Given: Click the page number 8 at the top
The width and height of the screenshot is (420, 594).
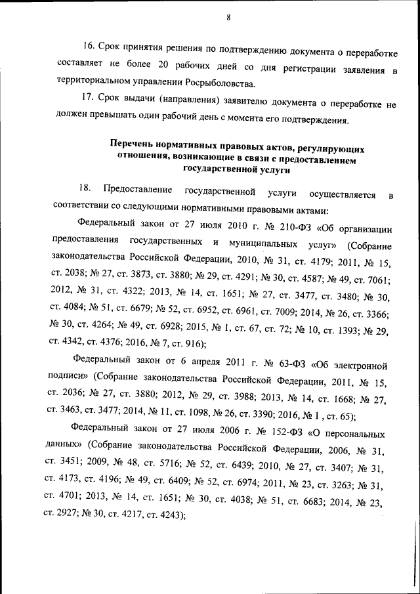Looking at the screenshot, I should click(228, 18).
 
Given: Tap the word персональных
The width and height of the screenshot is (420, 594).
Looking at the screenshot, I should click(358, 435).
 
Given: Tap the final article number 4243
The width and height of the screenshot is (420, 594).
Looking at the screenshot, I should click(167, 516).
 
